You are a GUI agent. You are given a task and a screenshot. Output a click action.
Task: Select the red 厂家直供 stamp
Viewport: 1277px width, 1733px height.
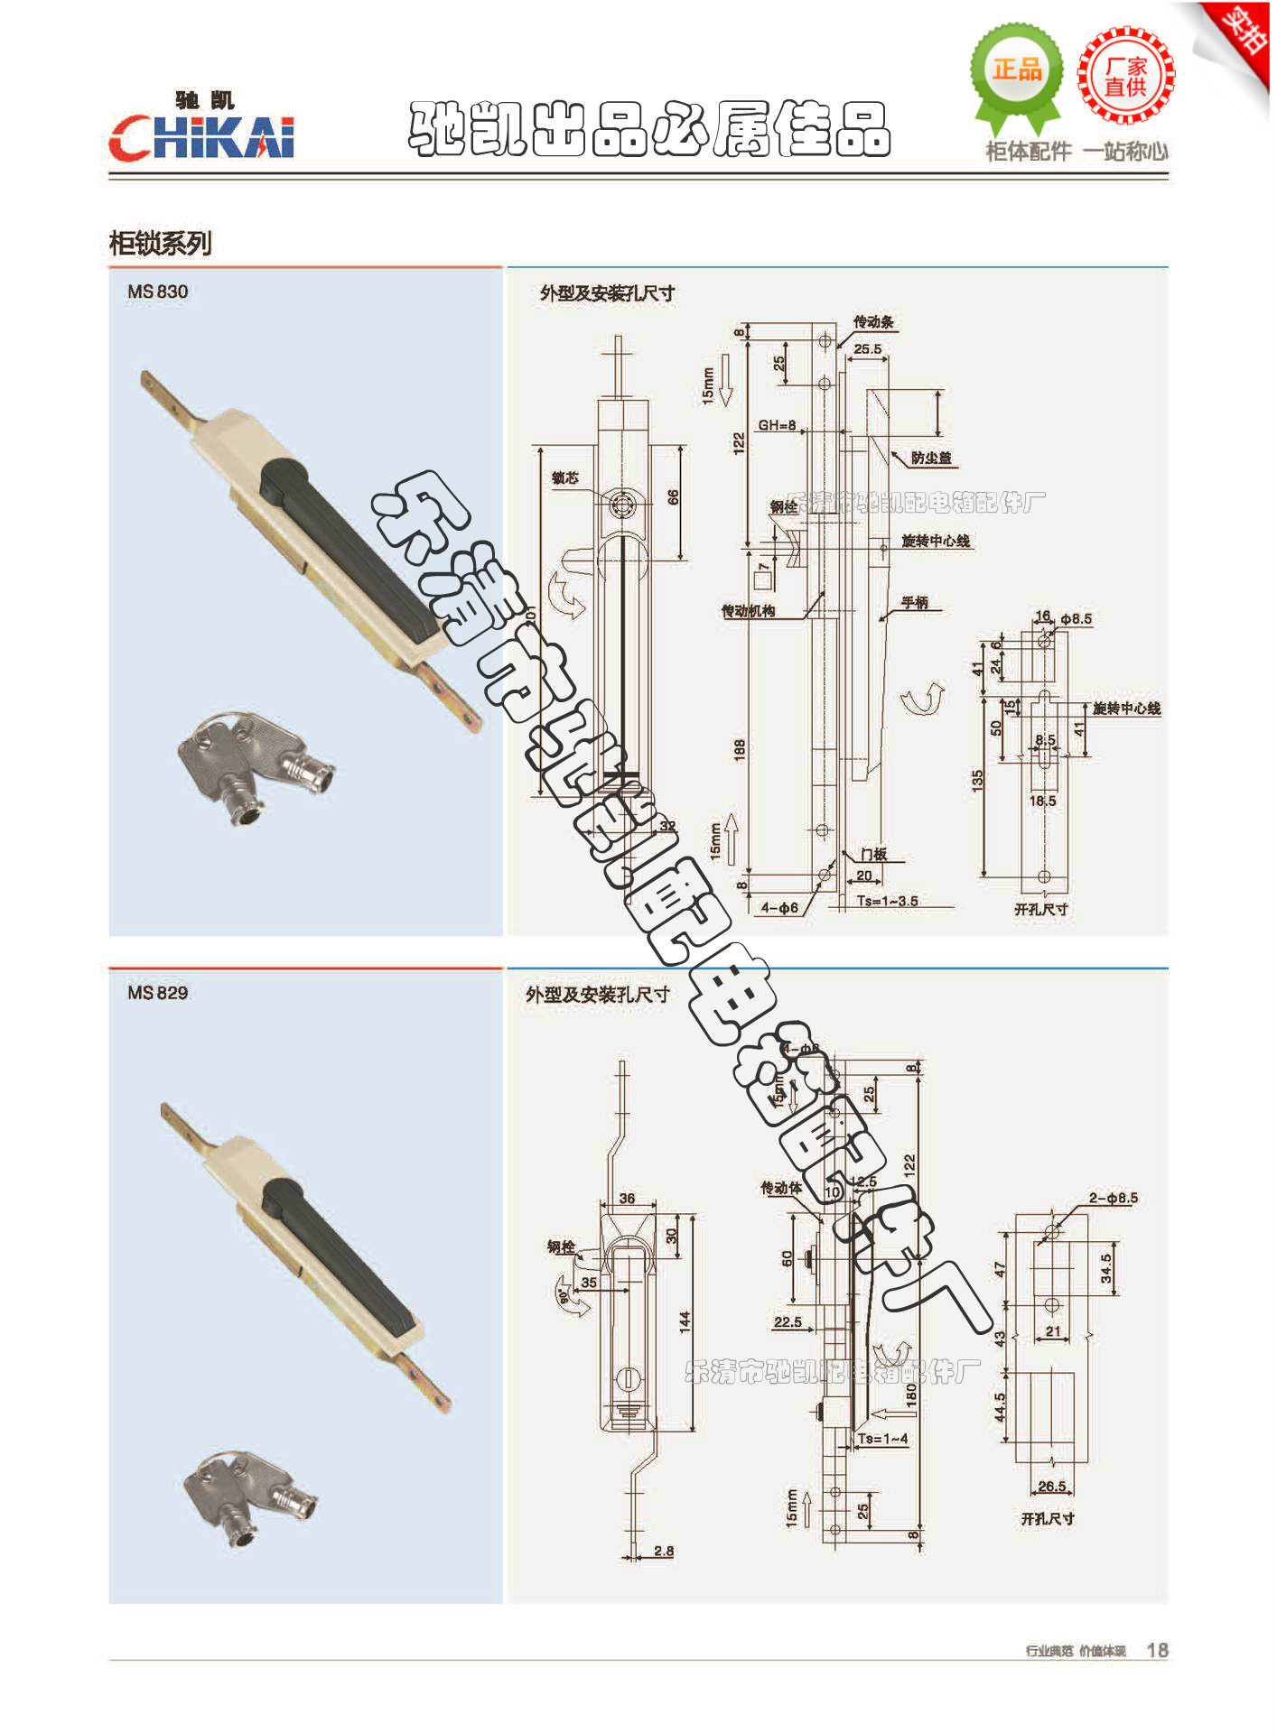1125,76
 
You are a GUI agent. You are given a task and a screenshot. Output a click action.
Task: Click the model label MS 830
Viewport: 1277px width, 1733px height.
158,292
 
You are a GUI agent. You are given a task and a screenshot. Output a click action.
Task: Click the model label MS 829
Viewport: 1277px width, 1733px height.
158,993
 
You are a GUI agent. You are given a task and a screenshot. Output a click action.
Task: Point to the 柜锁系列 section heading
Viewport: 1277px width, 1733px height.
160,243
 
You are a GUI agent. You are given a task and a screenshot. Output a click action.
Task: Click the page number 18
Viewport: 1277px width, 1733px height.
1157,1650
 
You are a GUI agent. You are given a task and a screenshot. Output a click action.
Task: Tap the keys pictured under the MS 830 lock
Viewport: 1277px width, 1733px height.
256,764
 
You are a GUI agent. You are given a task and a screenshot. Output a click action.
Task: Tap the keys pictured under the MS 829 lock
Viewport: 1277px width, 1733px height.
248,1497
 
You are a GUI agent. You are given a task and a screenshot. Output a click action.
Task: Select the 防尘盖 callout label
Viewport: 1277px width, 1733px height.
931,458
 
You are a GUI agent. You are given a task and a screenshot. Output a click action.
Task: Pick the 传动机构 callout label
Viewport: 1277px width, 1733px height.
748,611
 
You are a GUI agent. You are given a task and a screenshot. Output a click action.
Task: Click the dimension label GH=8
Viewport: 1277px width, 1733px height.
777,425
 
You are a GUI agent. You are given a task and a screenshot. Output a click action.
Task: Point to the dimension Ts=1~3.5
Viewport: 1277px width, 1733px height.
887,901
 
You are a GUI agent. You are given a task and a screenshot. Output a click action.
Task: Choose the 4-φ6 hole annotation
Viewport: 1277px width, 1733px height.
779,908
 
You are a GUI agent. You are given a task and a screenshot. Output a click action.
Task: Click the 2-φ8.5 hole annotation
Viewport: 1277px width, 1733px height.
1113,1198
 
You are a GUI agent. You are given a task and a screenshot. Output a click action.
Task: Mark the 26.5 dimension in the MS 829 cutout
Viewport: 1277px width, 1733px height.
1052,1486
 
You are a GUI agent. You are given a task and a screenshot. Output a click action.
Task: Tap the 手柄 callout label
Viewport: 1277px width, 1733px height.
915,602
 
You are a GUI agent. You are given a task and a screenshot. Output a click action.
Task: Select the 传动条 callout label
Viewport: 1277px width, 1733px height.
873,321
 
